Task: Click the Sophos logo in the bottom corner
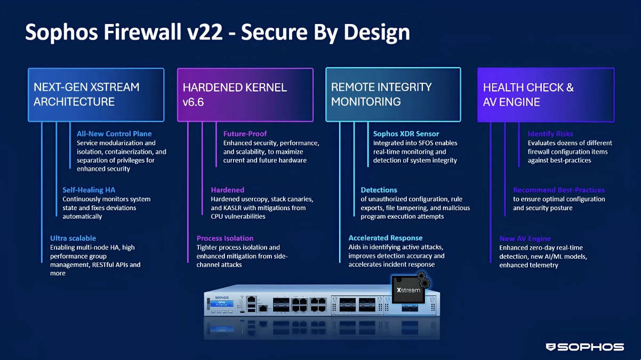(584, 347)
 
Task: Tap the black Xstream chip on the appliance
(408, 289)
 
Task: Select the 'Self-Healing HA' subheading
(89, 190)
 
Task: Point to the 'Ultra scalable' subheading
(73, 238)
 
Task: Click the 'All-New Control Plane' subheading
(114, 134)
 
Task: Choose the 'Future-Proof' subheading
(245, 134)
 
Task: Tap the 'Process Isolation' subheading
(225, 238)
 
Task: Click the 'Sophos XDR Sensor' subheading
(406, 134)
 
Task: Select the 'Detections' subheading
(379, 190)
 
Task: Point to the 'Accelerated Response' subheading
(386, 238)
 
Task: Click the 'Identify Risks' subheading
(550, 134)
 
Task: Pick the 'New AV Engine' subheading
(525, 238)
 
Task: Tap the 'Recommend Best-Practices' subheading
(559, 190)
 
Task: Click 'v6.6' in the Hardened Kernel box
(193, 102)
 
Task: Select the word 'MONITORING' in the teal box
(366, 101)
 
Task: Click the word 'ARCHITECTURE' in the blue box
(74, 101)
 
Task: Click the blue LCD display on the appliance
(222, 303)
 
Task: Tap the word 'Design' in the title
(376, 33)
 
